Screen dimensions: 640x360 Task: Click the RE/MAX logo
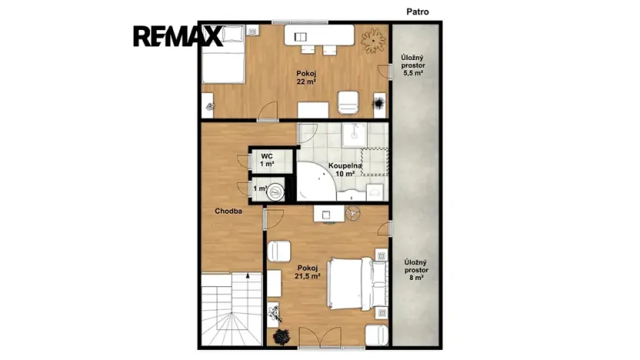[178, 36]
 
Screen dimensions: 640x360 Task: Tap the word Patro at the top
[418, 12]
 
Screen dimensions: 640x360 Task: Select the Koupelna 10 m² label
[345, 170]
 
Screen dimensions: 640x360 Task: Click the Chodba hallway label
[228, 211]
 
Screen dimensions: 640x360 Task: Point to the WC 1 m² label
[267, 160]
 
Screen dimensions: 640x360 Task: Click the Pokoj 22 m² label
[306, 78]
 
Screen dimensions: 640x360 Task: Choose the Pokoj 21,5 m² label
[308, 272]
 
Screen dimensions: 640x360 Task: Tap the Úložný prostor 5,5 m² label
[412, 65]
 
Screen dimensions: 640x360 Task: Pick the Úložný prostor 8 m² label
[416, 270]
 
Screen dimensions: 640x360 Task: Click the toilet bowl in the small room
[276, 192]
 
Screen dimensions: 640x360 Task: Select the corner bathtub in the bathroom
[315, 182]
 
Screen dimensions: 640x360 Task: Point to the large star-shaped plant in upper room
[373, 40]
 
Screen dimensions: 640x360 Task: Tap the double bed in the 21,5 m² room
[358, 283]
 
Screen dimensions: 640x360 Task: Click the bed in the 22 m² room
[223, 55]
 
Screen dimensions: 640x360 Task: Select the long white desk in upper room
[319, 35]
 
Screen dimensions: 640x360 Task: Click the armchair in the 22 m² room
[348, 102]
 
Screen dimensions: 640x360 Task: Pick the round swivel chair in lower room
[353, 213]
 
